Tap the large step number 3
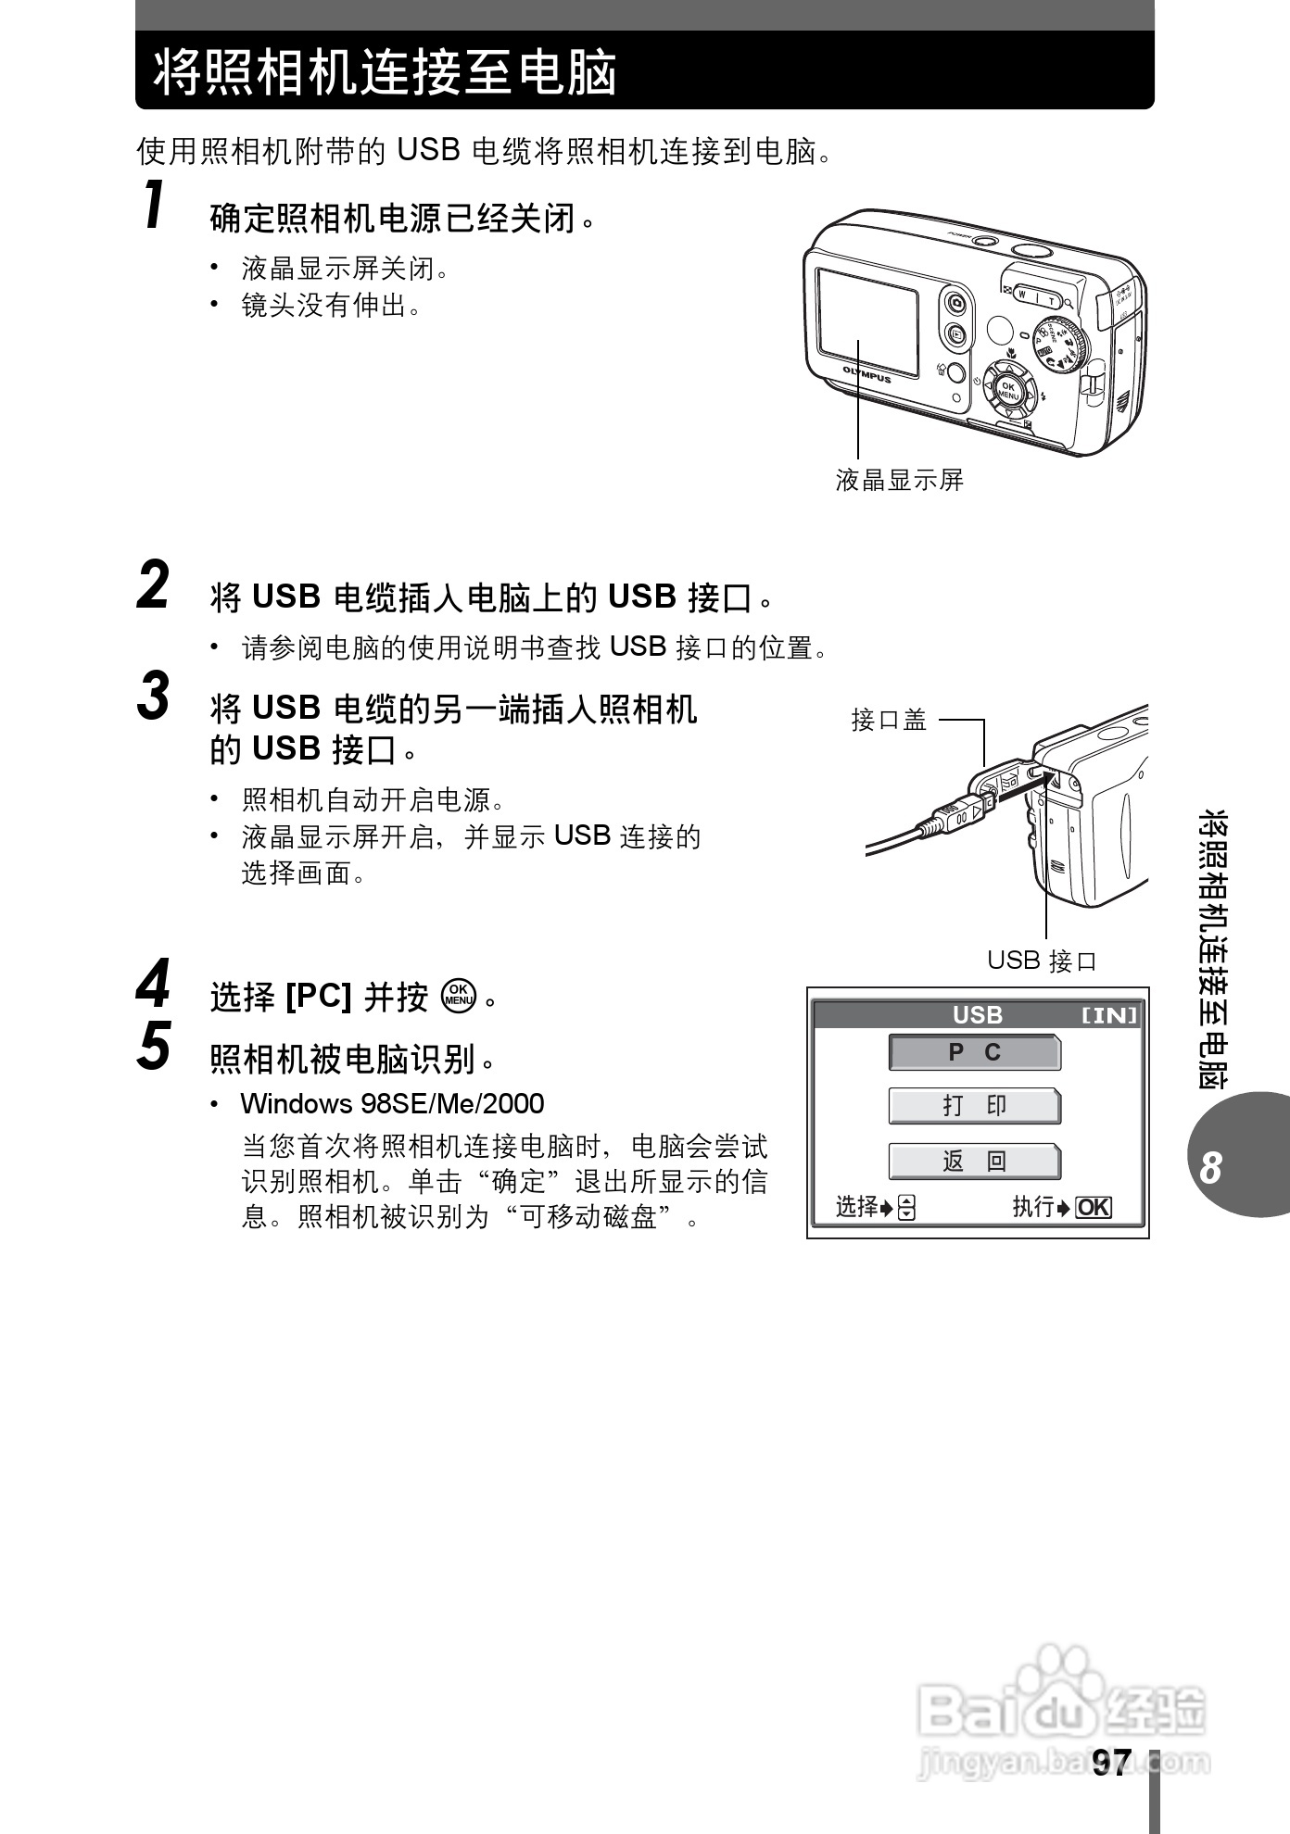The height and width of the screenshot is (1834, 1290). [x=154, y=697]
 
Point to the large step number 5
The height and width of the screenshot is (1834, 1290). [x=154, y=1047]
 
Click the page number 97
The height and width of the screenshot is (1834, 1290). [x=1111, y=1763]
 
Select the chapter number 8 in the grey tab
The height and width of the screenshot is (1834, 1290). [x=1210, y=1167]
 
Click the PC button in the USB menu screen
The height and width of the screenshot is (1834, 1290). [x=974, y=1053]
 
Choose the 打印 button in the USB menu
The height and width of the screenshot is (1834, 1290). [x=974, y=1106]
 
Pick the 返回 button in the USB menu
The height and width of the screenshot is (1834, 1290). [x=974, y=1161]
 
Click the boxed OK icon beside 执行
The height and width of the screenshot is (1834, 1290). [x=1094, y=1207]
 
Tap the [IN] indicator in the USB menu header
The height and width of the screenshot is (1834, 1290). [x=1109, y=1015]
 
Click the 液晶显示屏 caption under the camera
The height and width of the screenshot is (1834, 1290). [x=899, y=480]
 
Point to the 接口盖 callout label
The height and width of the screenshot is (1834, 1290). [x=888, y=720]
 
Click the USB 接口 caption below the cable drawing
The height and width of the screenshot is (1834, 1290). [x=1042, y=961]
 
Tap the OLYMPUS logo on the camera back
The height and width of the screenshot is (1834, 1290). [x=866, y=374]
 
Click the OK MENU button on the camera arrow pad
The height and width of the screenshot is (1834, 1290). [x=1007, y=392]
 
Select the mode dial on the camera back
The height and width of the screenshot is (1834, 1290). [x=1061, y=345]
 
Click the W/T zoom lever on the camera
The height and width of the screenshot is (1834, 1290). [x=1035, y=295]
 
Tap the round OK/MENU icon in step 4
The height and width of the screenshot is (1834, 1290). [x=459, y=996]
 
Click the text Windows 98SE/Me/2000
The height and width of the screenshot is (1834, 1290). [x=392, y=1103]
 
